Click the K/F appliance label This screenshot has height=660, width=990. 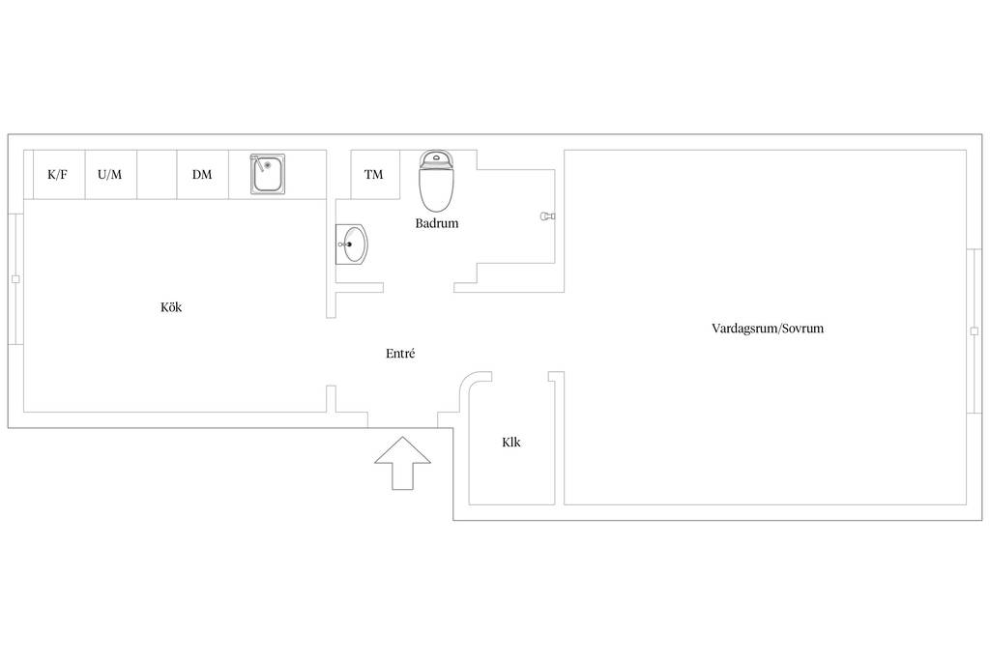click(x=57, y=175)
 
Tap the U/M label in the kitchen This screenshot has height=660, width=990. click(x=110, y=175)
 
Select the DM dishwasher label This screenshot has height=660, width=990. click(x=202, y=175)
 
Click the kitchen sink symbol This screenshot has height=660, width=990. click(x=268, y=174)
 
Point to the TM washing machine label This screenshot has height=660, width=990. click(x=374, y=175)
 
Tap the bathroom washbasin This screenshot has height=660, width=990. click(x=351, y=244)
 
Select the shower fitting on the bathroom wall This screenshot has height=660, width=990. click(x=548, y=216)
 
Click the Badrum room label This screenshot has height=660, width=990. click(x=437, y=223)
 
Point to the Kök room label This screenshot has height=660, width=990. click(x=171, y=307)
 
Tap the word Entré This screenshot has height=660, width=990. click(x=400, y=354)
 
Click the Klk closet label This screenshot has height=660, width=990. click(x=511, y=443)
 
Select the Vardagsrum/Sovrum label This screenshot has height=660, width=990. click(x=768, y=329)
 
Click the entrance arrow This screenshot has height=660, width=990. click(x=402, y=463)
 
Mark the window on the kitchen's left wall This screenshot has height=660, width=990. click(x=15, y=279)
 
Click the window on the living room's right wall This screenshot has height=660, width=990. click(x=975, y=331)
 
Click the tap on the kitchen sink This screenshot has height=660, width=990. click(x=256, y=162)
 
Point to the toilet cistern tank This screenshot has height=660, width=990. click(x=436, y=159)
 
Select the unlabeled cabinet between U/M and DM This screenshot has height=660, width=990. click(x=157, y=175)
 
